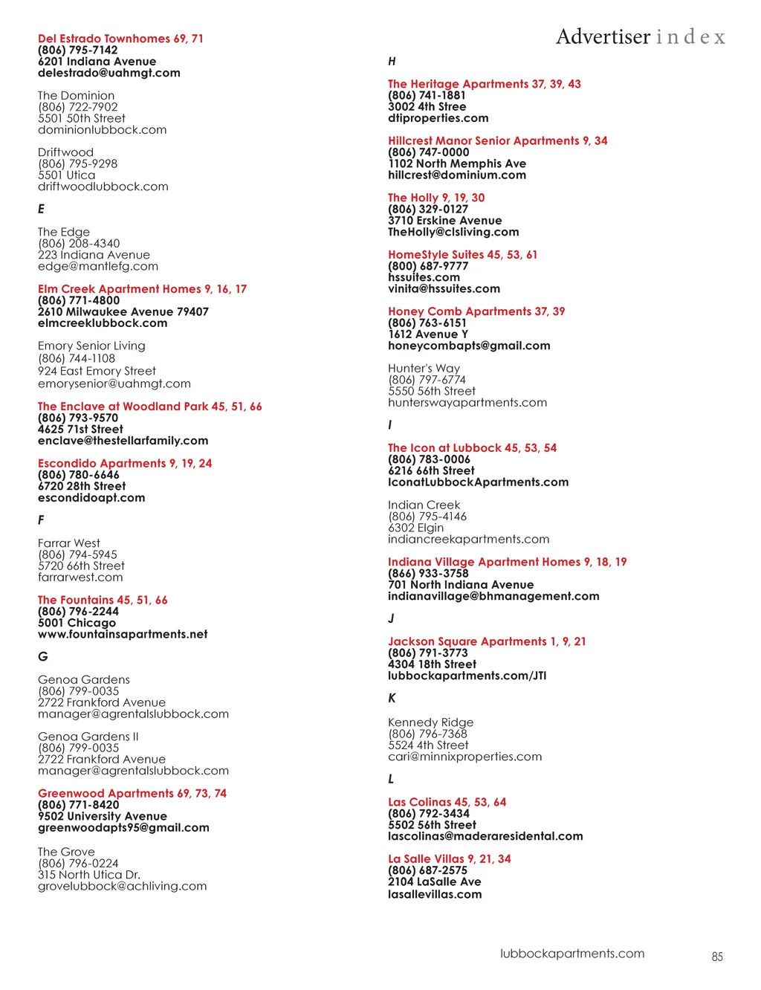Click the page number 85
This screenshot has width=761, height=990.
[x=716, y=957]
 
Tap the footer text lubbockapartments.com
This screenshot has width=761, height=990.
[x=572, y=954]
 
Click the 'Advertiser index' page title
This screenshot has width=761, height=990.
[x=640, y=36]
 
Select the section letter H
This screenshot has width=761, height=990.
[x=392, y=61]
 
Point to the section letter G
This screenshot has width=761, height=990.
[x=42, y=656]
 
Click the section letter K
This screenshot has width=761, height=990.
[x=392, y=698]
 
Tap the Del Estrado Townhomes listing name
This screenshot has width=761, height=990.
[x=104, y=39]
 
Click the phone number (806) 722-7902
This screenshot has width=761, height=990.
[x=78, y=107]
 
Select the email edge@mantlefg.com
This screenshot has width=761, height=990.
[x=98, y=266]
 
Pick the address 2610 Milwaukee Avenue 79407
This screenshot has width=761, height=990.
[x=123, y=312]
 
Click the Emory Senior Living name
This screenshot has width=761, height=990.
[x=91, y=346]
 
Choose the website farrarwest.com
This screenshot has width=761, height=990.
[x=80, y=577]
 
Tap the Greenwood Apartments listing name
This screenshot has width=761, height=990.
[x=106, y=794]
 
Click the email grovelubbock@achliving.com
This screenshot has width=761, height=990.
[x=123, y=886]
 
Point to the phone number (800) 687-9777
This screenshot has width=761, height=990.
[x=428, y=266]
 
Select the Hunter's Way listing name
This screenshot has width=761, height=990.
[x=424, y=369]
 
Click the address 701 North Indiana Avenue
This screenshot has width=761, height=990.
[x=461, y=585]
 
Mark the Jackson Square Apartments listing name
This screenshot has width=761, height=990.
[x=467, y=641]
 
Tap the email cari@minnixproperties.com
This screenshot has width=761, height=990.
[x=465, y=757]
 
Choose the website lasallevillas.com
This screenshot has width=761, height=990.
[x=435, y=894]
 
